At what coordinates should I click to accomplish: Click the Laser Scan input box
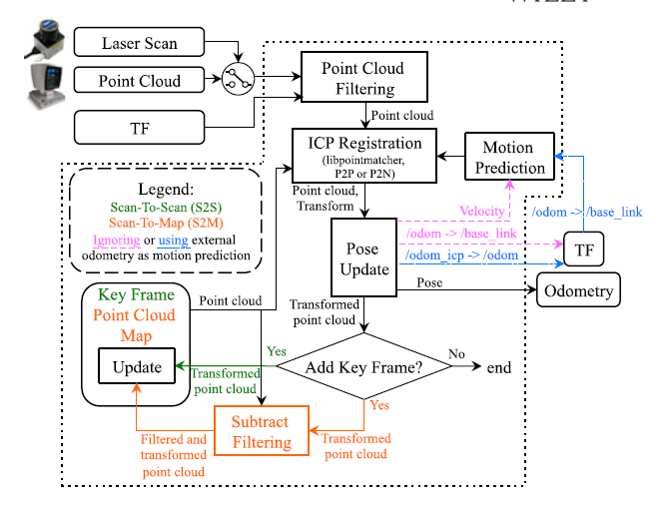140,43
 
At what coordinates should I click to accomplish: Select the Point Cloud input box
140,81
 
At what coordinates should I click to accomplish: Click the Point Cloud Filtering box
363,78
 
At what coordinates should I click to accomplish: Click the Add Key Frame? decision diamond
362,367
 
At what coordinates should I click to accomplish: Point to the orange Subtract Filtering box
262,432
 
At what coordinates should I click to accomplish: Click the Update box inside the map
137,366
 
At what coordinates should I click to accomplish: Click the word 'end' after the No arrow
499,367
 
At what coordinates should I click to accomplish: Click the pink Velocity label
482,211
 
